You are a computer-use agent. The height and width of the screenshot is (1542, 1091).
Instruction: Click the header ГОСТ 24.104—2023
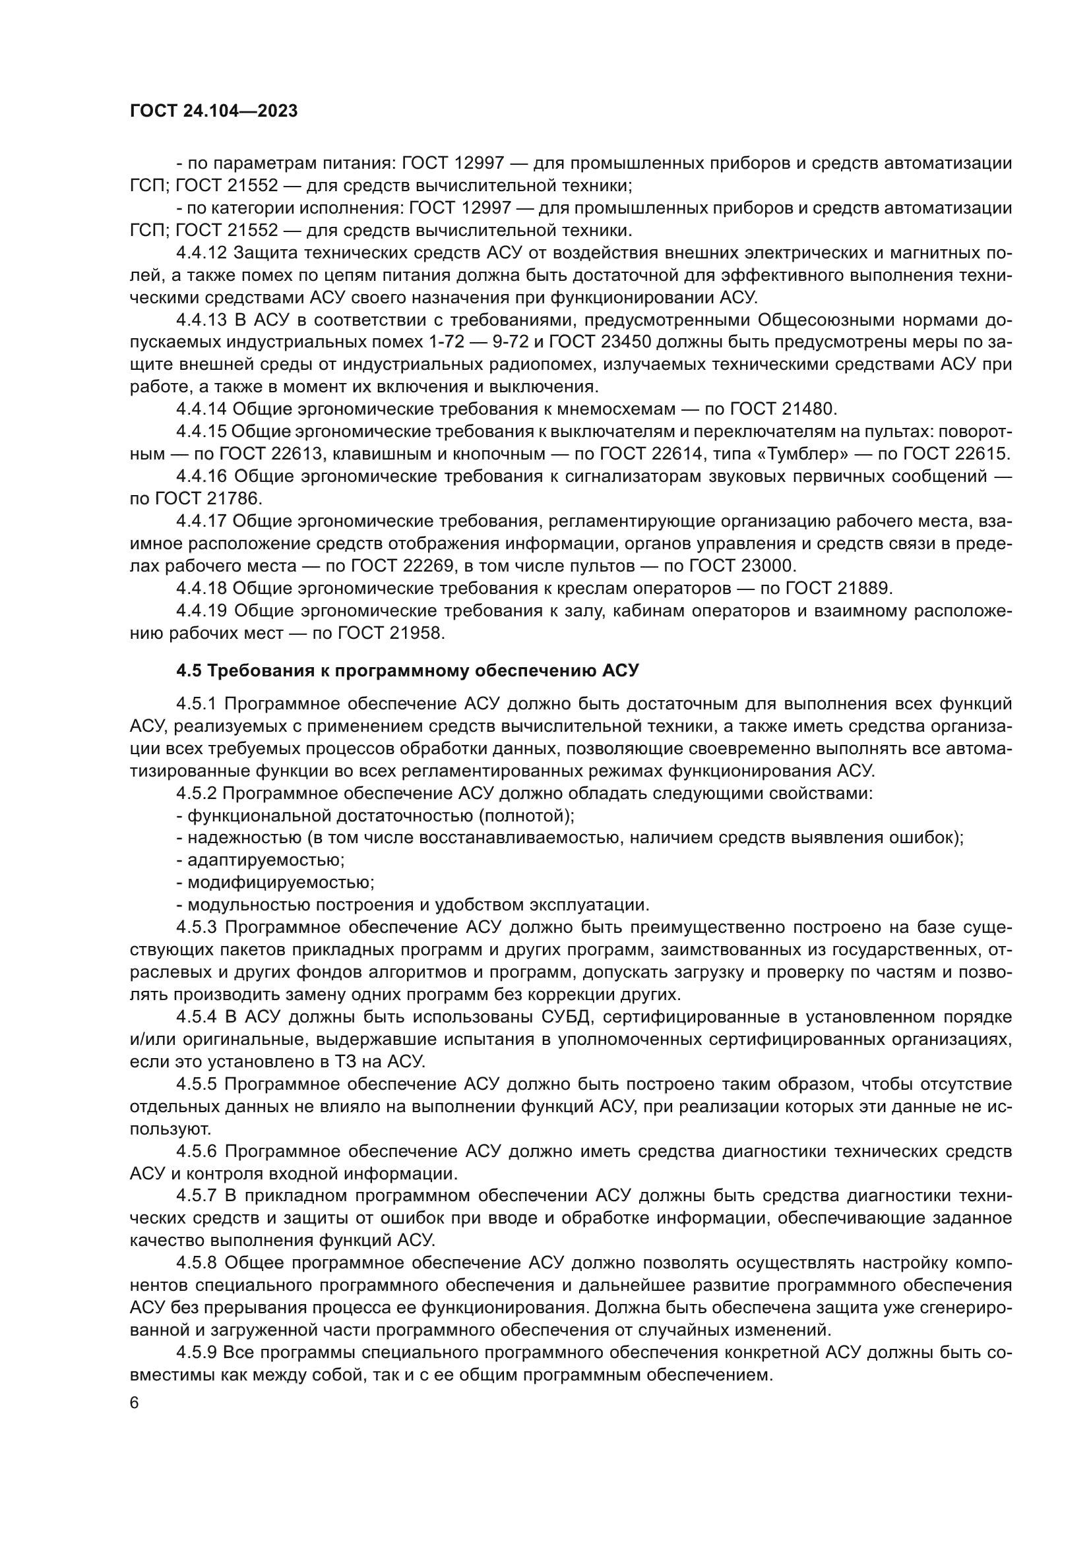(x=214, y=111)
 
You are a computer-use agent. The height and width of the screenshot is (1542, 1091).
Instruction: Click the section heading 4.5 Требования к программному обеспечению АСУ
(x=408, y=670)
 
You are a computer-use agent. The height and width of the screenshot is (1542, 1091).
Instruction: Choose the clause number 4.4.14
(x=202, y=409)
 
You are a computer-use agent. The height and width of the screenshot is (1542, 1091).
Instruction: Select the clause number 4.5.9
(x=197, y=1351)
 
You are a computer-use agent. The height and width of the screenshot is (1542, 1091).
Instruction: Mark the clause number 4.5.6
(x=197, y=1151)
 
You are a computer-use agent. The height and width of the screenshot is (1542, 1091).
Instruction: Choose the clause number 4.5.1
(x=197, y=704)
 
